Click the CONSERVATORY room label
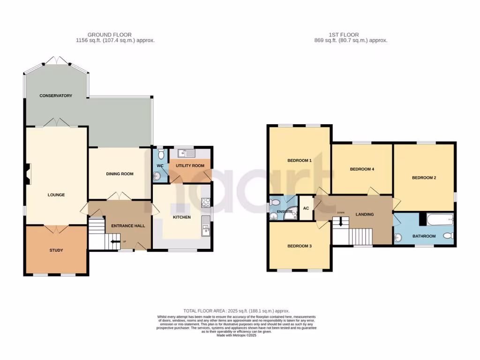tap(56, 96)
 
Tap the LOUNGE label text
tap(56, 195)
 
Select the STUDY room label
tap(56, 250)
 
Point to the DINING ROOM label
tap(120, 174)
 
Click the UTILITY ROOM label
tap(190, 166)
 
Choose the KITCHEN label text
tap(181, 217)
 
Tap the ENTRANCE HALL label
tap(128, 226)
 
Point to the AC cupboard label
tap(306, 209)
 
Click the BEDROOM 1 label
tap(299, 161)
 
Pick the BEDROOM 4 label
tap(362, 169)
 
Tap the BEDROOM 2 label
tap(424, 178)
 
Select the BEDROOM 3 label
tap(299, 246)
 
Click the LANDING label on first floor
tap(365, 214)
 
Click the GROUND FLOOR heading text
tap(109, 35)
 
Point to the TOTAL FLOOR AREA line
tap(236, 311)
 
